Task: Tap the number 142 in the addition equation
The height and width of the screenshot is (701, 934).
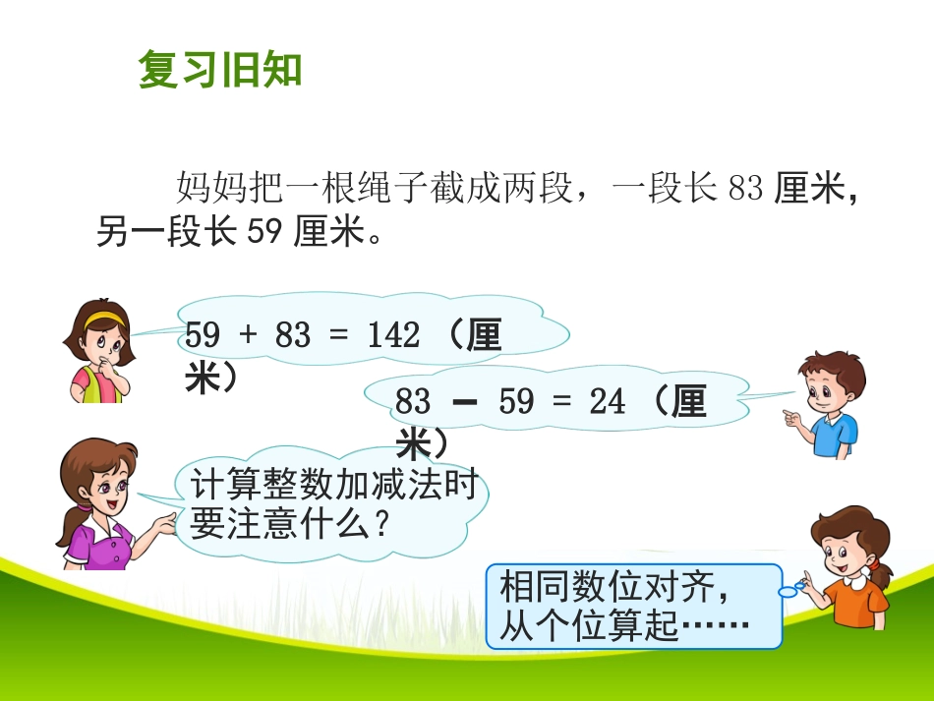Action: tap(393, 336)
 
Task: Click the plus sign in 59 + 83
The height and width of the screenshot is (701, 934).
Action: tap(247, 336)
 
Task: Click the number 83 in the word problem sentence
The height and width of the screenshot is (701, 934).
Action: tap(746, 188)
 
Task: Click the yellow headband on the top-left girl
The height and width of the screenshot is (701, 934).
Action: tap(103, 318)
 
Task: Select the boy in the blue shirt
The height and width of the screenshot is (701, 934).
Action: tap(829, 403)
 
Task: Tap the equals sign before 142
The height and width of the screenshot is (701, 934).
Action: tap(339, 336)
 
